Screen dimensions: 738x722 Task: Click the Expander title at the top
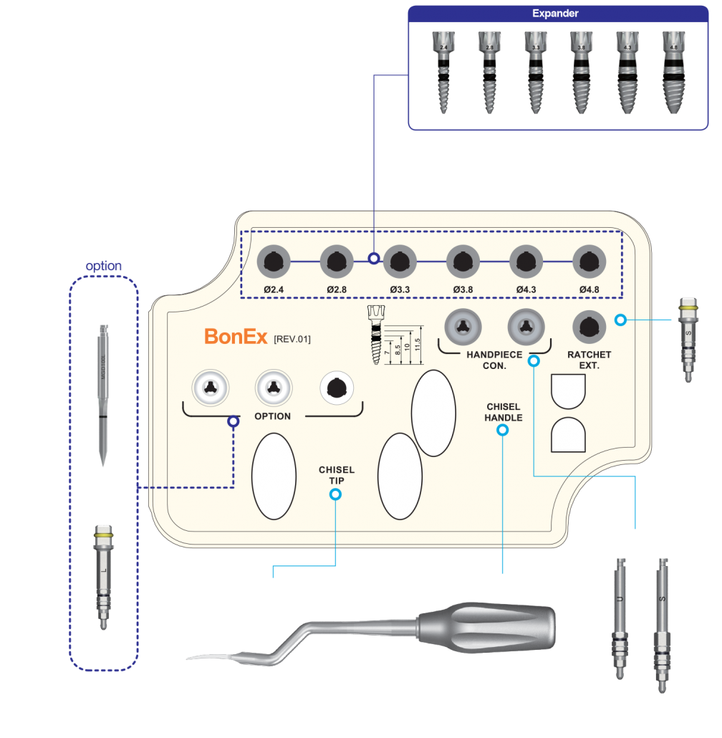[x=555, y=14]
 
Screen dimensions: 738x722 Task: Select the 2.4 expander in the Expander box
[x=444, y=72]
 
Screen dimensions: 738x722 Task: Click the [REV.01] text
[x=292, y=339]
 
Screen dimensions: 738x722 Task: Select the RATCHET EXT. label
[x=589, y=360]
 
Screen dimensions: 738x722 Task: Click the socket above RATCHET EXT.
[x=589, y=327]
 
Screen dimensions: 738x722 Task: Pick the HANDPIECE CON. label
[x=495, y=360]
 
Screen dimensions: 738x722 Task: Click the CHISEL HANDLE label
[x=503, y=412]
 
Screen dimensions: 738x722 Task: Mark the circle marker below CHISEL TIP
[x=335, y=494]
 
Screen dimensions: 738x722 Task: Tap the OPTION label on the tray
[x=273, y=416]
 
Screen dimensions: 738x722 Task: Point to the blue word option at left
[x=103, y=267]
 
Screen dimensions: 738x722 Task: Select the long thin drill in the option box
[x=103, y=394]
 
